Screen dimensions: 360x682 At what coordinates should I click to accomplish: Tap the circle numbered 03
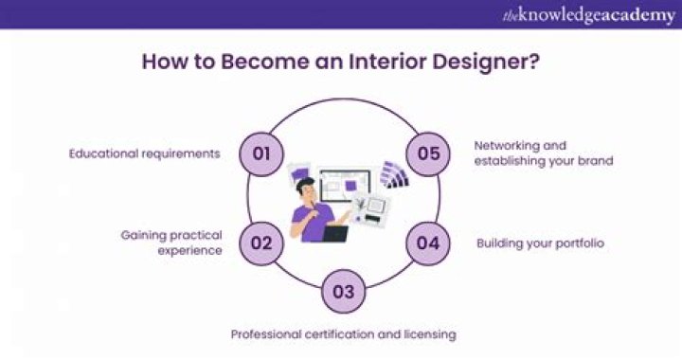pos(344,290)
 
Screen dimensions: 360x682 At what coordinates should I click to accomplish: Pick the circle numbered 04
pos(428,243)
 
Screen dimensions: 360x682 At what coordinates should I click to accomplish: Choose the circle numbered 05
pos(428,152)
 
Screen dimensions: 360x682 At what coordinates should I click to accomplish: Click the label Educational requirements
pos(143,153)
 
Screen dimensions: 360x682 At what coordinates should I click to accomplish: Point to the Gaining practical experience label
pos(170,243)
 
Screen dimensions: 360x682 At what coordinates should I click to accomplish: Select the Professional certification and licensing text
pos(344,333)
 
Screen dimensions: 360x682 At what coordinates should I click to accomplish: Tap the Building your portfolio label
pos(540,243)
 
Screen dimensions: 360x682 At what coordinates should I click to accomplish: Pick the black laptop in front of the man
pos(334,232)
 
